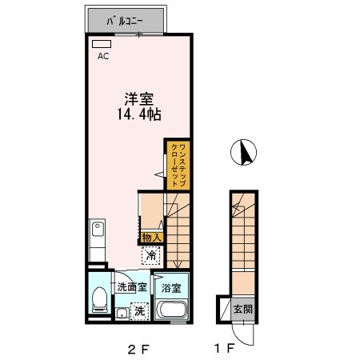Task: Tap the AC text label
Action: click(x=103, y=57)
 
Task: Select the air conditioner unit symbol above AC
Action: click(x=101, y=44)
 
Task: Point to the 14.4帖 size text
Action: click(x=138, y=115)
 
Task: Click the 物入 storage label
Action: click(x=152, y=238)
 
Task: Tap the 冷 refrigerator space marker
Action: click(x=152, y=255)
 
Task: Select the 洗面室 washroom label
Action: click(x=131, y=287)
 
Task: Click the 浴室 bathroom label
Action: click(x=170, y=287)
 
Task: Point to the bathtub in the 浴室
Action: click(x=170, y=310)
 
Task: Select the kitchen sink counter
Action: click(x=97, y=239)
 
